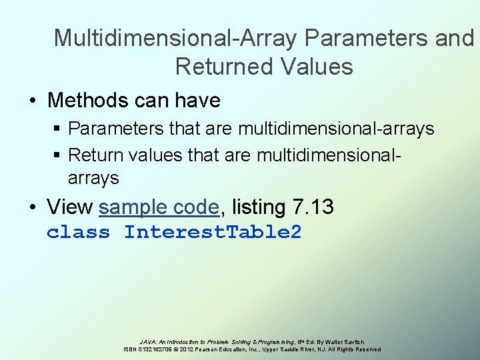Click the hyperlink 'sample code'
[x=159, y=207]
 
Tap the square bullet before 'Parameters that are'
[x=57, y=128]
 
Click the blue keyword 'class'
[x=78, y=233]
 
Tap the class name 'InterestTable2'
[x=213, y=233]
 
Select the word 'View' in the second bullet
[x=70, y=207]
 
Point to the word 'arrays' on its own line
[x=93, y=179]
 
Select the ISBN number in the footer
[x=153, y=349]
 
